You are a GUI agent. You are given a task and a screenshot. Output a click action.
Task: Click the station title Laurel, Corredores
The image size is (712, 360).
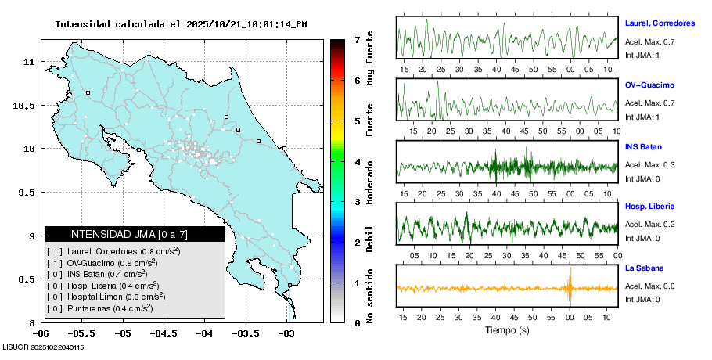pos(660,23)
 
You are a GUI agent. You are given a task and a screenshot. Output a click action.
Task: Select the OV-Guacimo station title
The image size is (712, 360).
pos(649,85)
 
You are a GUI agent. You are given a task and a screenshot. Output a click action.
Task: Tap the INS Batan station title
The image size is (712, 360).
pos(643,146)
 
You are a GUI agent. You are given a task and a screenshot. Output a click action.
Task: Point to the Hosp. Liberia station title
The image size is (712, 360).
pos(649,207)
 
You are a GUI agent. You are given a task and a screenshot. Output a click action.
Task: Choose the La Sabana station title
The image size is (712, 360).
pos(643,268)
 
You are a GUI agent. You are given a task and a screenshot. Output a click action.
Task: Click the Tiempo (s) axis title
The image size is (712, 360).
pos(507,330)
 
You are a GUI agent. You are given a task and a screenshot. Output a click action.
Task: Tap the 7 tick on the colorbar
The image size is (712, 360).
pos(357,39)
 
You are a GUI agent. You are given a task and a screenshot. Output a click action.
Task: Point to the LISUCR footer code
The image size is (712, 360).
pos(44,347)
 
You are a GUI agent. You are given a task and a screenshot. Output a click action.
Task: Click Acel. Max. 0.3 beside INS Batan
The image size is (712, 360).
pos(649,165)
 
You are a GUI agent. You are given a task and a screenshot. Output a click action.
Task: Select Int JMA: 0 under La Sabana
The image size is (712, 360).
pos(642,299)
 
